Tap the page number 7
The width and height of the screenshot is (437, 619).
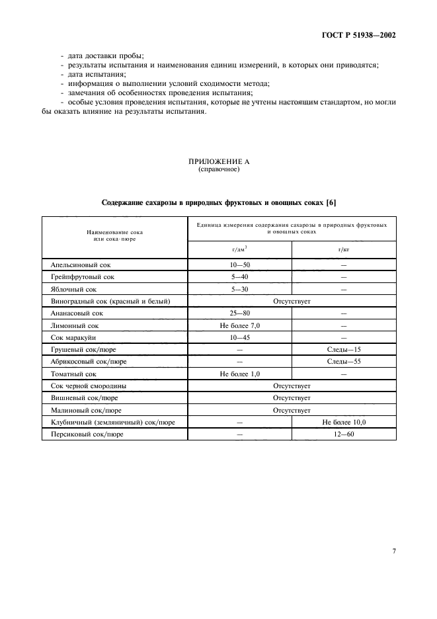coord(393,550)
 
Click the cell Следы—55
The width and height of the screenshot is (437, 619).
coord(344,362)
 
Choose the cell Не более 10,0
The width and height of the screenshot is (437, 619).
coord(344,422)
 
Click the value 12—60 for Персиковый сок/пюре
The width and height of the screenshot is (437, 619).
coord(344,434)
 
